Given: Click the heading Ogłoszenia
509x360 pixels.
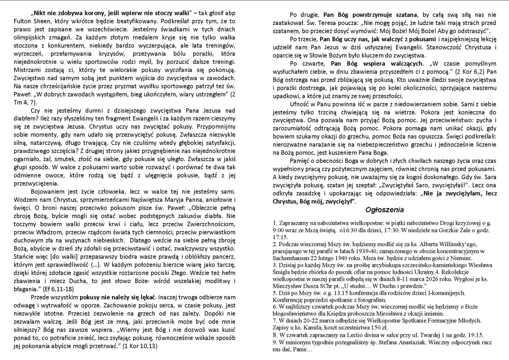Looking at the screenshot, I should click(384, 209).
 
